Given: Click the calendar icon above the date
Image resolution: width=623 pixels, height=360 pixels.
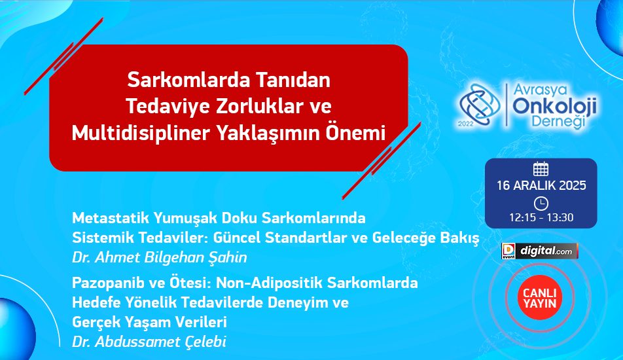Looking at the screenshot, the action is tap(541, 169).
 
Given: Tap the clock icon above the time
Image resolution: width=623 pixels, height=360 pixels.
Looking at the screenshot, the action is tap(541, 204).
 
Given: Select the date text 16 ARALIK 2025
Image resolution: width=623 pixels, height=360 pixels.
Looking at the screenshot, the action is tap(541, 185).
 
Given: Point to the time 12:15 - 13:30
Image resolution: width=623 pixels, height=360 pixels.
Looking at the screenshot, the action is tap(541, 218).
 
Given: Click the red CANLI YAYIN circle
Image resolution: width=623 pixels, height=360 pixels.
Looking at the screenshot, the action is tap(539, 298).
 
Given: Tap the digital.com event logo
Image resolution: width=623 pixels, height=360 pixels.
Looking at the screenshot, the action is tap(539, 251).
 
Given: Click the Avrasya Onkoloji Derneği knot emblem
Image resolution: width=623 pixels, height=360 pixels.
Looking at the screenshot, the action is tap(480, 105).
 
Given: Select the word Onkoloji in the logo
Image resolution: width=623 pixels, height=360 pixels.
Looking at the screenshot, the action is tap(555, 106).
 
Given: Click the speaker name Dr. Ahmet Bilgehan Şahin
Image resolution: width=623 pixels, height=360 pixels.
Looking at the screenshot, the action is tap(159, 257).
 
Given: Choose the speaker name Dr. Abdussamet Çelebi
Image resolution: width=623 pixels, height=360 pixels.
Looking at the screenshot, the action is tap(149, 342).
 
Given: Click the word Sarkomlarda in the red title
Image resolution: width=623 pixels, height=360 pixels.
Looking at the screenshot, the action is tap(183, 80).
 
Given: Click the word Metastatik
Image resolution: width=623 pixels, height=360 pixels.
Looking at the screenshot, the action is tap(110, 218).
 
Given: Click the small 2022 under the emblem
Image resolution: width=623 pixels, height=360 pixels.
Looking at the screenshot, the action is tap(466, 124).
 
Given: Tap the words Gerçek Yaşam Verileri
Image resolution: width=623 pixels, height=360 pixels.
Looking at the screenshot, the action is tap(149, 322).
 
